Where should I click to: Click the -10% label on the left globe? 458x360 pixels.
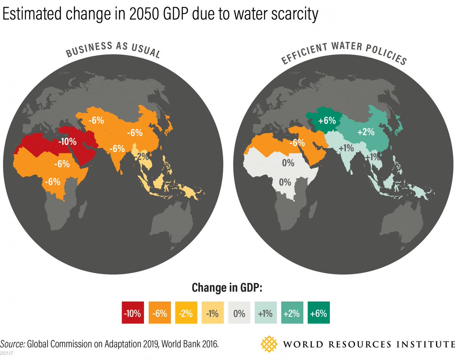[x=68, y=142]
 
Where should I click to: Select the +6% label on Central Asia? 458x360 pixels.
[x=327, y=121]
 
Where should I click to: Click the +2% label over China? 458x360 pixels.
[x=366, y=132]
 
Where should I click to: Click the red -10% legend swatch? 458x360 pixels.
[x=132, y=314]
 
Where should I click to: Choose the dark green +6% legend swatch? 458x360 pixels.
[x=318, y=314]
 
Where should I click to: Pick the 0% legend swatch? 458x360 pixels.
[x=239, y=314]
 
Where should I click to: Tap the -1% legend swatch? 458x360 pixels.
[x=212, y=314]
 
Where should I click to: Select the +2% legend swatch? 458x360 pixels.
[x=292, y=314]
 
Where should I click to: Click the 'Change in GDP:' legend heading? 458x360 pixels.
[x=227, y=287]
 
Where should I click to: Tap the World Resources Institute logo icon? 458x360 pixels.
[x=269, y=344]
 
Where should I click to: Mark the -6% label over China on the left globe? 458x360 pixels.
[x=134, y=132]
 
